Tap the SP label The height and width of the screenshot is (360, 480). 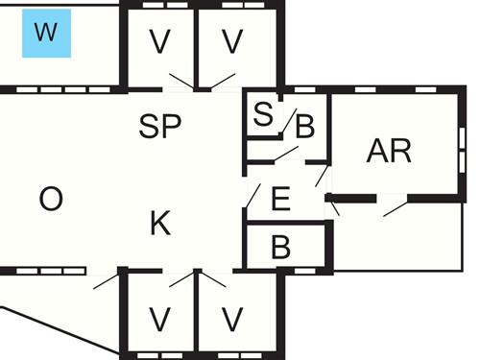[x=160, y=127]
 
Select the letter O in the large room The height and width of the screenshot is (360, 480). [x=51, y=200]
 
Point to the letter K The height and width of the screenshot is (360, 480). [x=160, y=225]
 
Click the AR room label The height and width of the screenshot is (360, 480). [x=389, y=151]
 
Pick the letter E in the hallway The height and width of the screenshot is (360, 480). [x=280, y=200]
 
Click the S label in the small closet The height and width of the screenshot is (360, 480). [x=262, y=115]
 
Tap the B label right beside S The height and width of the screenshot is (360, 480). [x=304, y=126]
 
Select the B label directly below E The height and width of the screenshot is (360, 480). [x=280, y=248]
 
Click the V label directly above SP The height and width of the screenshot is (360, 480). [x=160, y=42]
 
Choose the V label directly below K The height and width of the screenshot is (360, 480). [x=160, y=317]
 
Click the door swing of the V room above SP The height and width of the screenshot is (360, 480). [x=179, y=81]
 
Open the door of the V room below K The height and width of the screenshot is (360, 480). [x=180, y=279]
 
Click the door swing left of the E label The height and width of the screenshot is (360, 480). [x=252, y=196]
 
